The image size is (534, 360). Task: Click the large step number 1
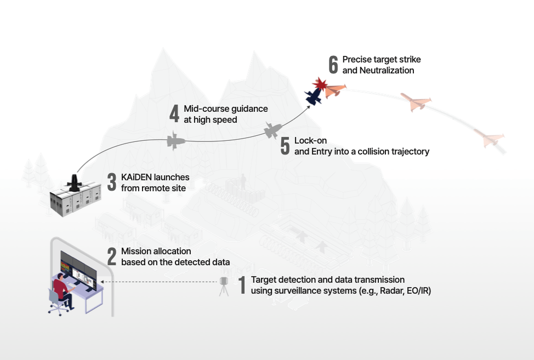click(242, 285)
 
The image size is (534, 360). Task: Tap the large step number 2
click(112, 256)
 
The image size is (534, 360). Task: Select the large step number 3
click(112, 182)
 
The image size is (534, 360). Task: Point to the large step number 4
click(174, 113)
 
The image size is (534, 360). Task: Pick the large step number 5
click(285, 146)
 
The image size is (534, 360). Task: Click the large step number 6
click(333, 65)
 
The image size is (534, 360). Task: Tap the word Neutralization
click(387, 71)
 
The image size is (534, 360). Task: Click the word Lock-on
click(311, 140)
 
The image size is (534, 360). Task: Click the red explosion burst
click(320, 84)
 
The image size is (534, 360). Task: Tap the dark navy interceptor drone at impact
click(314, 96)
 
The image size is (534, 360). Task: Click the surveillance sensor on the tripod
click(224, 286)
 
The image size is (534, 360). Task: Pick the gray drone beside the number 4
click(175, 140)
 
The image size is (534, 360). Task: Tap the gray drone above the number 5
click(273, 130)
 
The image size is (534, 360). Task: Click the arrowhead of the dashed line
click(102, 282)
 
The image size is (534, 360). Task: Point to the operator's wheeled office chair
click(56, 302)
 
